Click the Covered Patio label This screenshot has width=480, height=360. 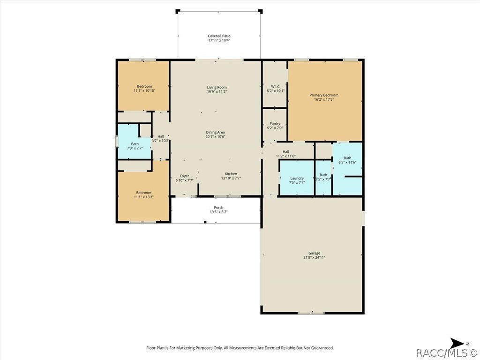coord(219,36)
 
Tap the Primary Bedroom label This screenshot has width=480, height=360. coord(323,95)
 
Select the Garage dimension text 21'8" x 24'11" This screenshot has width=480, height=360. coord(314,257)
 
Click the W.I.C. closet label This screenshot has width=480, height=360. coord(275,86)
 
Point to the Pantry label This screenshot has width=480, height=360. coord(275,124)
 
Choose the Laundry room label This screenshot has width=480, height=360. coord(297,178)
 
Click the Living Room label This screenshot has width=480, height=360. coord(217,87)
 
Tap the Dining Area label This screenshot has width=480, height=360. coord(216,132)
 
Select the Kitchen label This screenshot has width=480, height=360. coord(231,174)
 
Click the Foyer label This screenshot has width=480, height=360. coord(184,176)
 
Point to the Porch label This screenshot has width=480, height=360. coord(218,208)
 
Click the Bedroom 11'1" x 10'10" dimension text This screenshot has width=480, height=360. coord(144,90)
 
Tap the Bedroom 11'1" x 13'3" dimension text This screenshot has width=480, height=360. coord(144,197)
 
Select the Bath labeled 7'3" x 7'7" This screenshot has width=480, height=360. coord(135,144)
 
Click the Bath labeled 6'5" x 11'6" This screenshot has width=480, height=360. coord(347,158)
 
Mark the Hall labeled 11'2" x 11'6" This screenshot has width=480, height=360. coord(285,151)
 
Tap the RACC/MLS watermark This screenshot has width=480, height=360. coord(447,352)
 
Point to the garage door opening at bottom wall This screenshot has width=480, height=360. coord(311,313)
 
